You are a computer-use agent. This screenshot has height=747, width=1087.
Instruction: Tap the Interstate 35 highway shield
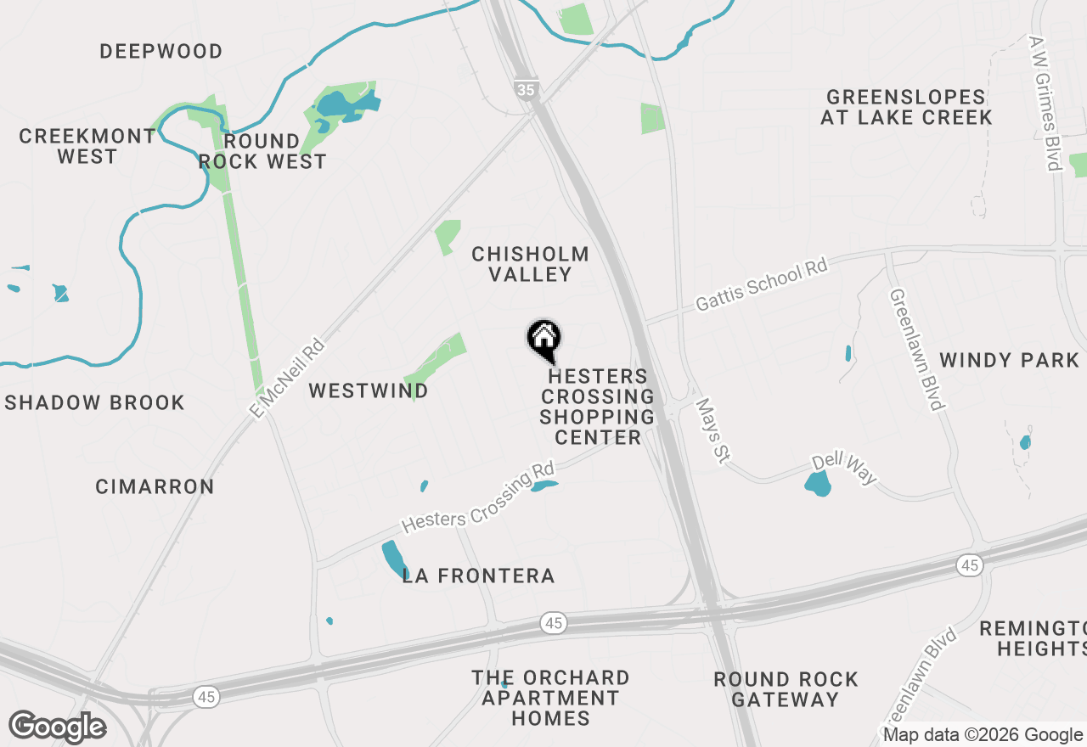pos(527,89)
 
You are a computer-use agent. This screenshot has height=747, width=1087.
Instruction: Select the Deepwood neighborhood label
pos(161,52)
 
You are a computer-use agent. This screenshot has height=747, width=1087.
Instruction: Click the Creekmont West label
pos(87,146)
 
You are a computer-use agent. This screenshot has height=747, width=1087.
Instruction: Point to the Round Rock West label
pos(262,151)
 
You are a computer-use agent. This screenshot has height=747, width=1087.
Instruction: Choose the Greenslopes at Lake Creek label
pos(906,107)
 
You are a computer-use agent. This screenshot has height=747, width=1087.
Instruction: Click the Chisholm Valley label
pos(531,264)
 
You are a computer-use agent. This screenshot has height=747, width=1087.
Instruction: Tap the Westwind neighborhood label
pos(368,390)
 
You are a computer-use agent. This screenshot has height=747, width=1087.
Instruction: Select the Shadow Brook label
pos(95,402)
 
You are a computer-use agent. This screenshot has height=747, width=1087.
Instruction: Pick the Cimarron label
pos(155,486)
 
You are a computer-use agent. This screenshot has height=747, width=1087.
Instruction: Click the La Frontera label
pos(478,576)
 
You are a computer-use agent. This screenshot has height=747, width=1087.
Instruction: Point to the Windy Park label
pos(1009,360)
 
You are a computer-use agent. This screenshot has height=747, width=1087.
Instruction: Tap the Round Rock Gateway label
pos(786,689)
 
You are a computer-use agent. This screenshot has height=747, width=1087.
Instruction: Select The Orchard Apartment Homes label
pos(551,698)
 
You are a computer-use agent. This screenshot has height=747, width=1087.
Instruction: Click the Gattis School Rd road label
pos(761,285)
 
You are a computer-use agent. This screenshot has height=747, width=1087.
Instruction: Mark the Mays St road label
pos(712,431)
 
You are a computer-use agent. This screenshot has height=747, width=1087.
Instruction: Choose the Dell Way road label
pos(843,469)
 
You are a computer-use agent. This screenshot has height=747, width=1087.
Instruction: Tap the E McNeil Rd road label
pos(289,378)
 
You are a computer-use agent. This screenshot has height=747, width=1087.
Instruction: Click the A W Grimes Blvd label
pos(1045,103)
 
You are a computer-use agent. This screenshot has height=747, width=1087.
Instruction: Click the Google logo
pos(57,727)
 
